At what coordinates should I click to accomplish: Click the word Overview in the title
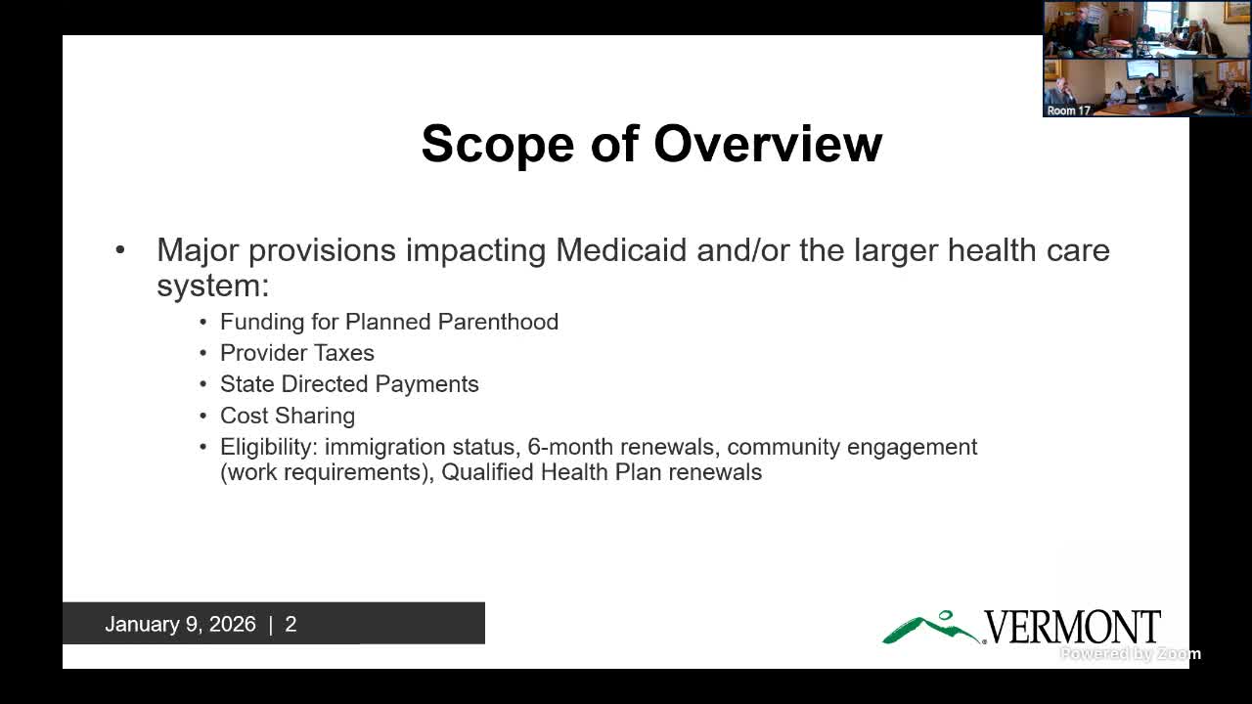point(768,144)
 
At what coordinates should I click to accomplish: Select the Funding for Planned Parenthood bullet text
point(388,322)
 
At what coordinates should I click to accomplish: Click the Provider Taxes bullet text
point(296,353)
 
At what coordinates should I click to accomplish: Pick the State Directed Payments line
point(349,384)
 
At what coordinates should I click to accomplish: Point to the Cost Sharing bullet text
point(287,416)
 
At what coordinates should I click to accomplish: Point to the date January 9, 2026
point(180,624)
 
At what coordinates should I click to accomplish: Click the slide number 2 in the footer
point(291,624)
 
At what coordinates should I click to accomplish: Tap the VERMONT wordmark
point(1071,627)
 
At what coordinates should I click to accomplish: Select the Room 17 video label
point(1068,110)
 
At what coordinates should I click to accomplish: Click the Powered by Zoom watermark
point(1130,653)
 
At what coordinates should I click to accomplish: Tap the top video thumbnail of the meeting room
point(1146,29)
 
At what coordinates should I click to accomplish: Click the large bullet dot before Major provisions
point(120,250)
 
